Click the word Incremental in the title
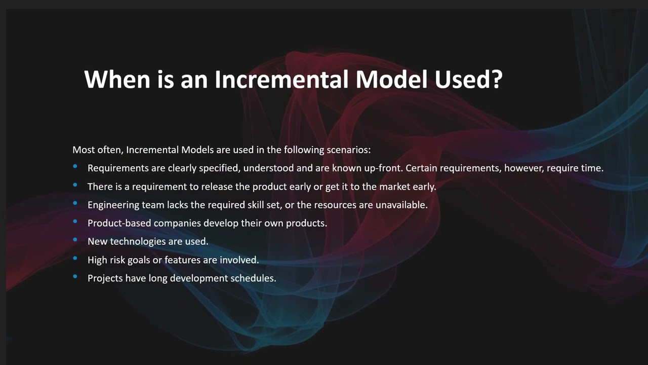pos(281,79)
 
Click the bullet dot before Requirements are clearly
pos(75,166)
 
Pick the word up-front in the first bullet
pos(382,168)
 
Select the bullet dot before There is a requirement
pos(75,185)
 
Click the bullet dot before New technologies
pos(75,240)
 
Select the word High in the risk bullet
pos(97,260)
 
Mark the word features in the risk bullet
pos(182,260)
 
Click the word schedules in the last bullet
pos(253,278)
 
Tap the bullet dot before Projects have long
pos(75,277)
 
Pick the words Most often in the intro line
pos(96,150)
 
